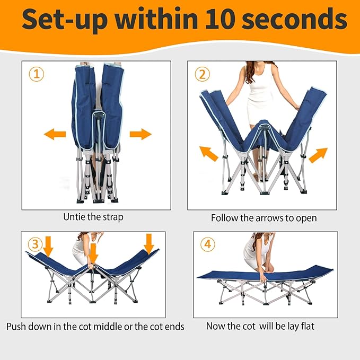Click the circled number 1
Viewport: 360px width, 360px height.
click(x=37, y=74)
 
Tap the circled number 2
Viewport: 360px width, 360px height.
click(x=203, y=74)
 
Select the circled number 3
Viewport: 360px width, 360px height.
click(x=35, y=244)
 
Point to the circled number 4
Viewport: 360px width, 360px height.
click(x=208, y=244)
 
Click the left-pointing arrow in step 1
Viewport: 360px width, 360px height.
click(x=55, y=134)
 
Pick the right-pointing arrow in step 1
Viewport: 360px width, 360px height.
click(x=141, y=134)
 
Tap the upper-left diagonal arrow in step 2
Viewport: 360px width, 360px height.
click(x=209, y=154)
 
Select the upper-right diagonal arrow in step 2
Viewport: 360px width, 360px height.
click(x=318, y=155)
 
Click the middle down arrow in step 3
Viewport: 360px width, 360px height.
click(x=93, y=253)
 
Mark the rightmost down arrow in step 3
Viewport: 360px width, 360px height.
click(x=149, y=244)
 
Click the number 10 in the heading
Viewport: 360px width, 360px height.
click(x=220, y=19)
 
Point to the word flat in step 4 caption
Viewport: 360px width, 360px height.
click(x=306, y=326)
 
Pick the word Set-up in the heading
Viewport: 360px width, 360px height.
click(x=65, y=20)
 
